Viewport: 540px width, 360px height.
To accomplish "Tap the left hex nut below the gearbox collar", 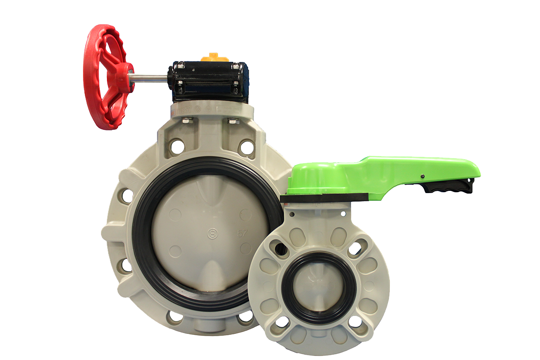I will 188,120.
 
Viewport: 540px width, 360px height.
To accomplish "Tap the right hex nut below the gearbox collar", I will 233,120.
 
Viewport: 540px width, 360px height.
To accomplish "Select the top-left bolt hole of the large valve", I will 177,146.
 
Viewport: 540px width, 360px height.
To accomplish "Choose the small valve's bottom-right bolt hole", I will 355,321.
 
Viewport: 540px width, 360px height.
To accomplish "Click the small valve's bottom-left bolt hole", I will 282,321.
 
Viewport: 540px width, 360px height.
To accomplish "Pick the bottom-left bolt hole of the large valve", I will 174,316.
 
